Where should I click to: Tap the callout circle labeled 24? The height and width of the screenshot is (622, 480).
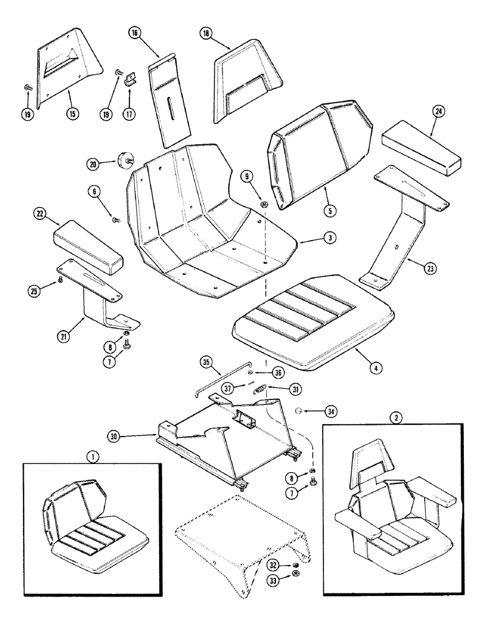(439, 112)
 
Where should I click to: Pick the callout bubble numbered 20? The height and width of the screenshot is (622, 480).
(94, 164)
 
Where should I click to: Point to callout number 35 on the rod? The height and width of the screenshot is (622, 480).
(207, 362)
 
